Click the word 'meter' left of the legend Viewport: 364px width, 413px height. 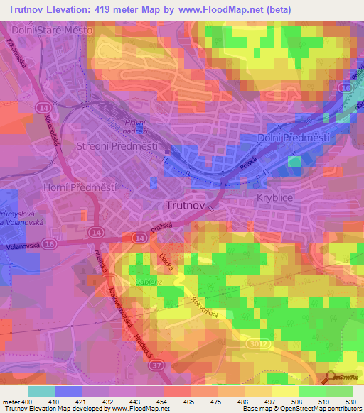tap(11, 402)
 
